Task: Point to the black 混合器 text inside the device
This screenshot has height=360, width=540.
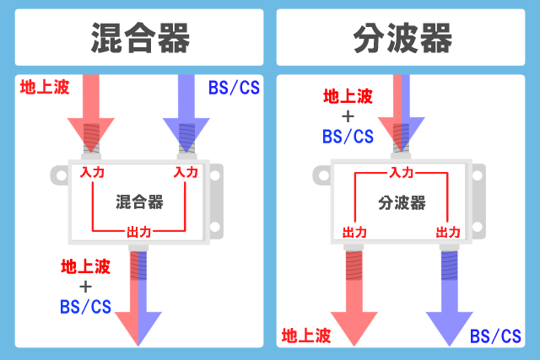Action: coord(139,201)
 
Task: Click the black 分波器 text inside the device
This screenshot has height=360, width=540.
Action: coord(401,202)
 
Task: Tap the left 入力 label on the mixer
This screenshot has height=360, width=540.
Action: coord(92,172)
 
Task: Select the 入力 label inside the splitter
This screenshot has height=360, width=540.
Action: coord(401,172)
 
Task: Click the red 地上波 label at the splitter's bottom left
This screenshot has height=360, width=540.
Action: coord(305,336)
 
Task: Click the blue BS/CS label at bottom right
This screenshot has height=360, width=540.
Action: coord(495,336)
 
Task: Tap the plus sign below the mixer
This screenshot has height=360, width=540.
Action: coord(85,287)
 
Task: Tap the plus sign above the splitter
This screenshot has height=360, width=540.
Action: coord(348,116)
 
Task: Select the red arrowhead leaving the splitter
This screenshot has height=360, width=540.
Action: coord(354,325)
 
